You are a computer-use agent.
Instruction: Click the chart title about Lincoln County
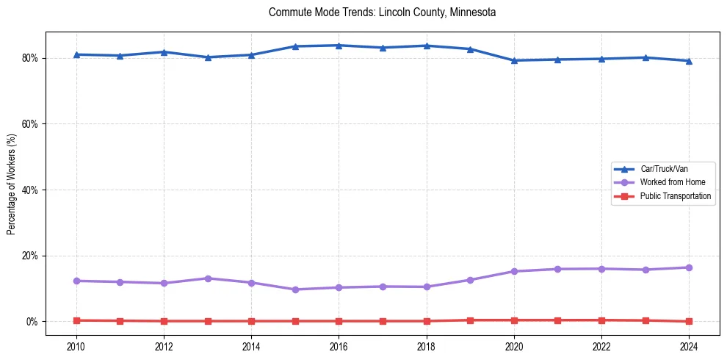coord(382,12)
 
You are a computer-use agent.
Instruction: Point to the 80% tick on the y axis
coord(30,58)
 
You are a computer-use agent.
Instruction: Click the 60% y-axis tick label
coord(30,124)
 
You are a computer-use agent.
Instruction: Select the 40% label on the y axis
coord(30,190)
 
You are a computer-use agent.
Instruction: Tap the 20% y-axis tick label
coord(30,256)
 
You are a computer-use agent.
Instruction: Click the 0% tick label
coord(32,322)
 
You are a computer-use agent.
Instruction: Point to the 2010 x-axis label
coord(76,346)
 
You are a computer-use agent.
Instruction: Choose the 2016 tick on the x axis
coord(339,346)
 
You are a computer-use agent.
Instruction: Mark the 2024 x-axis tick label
coord(689,346)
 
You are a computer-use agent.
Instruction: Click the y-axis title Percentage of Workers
coord(12,184)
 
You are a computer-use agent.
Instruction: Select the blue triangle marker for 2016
coord(339,46)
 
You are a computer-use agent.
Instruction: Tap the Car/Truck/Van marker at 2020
coord(514,60)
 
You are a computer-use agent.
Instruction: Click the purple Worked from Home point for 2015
coord(295,289)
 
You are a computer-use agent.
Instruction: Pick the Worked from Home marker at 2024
coord(689,267)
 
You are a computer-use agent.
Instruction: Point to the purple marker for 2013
coord(208,278)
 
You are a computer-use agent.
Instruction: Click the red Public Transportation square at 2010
coord(76,320)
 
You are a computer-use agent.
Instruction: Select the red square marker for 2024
coord(689,321)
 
